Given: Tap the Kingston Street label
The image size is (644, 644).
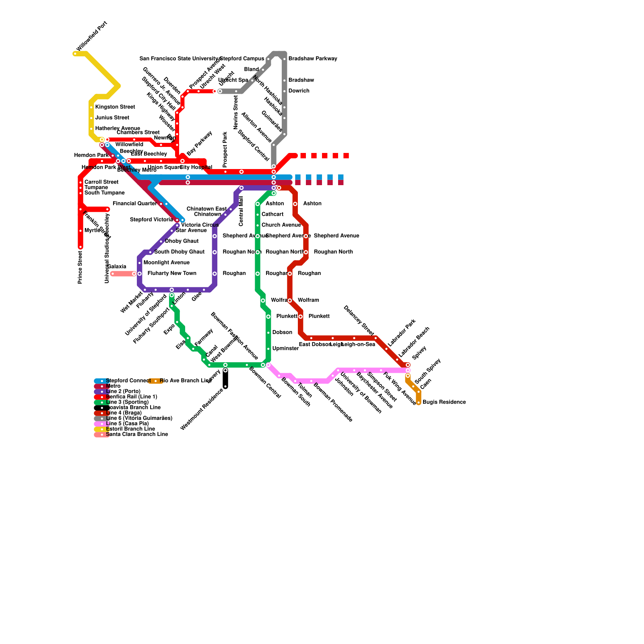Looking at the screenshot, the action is pyautogui.click(x=115, y=107).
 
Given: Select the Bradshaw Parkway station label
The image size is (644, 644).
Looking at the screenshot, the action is pyautogui.click(x=313, y=59).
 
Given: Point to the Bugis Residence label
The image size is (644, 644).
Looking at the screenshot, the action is pyautogui.click(x=444, y=402).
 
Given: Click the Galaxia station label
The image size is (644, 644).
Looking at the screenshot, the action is pyautogui.click(x=117, y=267).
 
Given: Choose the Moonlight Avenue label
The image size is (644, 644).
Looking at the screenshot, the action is pyautogui.click(x=166, y=263).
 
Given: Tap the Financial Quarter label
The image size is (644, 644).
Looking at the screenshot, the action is pyautogui.click(x=134, y=204).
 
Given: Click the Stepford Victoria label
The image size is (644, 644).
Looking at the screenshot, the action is pyautogui.click(x=151, y=220).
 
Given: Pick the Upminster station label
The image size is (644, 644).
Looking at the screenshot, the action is pyautogui.click(x=285, y=349).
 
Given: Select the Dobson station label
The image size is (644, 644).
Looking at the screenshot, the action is pyautogui.click(x=282, y=332).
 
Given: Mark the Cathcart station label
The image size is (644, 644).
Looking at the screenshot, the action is pyautogui.click(x=272, y=215).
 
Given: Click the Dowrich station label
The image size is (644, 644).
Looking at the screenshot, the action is pyautogui.click(x=299, y=91).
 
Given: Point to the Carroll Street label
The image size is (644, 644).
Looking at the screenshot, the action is pyautogui.click(x=101, y=182).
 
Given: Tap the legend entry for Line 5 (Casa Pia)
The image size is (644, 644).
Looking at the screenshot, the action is pyautogui.click(x=127, y=424).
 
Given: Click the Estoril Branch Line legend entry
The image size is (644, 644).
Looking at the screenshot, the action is pyautogui.click(x=130, y=429).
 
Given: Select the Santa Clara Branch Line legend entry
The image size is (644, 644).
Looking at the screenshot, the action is pyautogui.click(x=137, y=435).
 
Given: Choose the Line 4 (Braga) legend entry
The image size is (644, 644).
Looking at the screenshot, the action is pyautogui.click(x=124, y=413).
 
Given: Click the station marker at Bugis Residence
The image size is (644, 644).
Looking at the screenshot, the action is pyautogui.click(x=419, y=402).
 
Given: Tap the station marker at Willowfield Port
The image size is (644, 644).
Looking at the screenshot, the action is pyautogui.click(x=75, y=54).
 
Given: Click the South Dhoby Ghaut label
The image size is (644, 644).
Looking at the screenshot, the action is pyautogui.click(x=180, y=252).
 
